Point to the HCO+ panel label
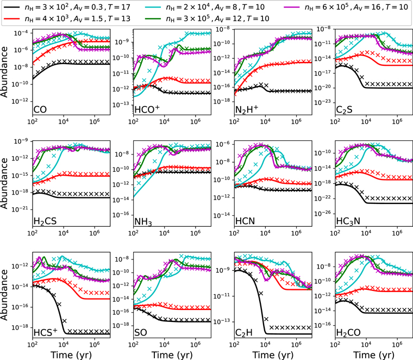coord(147,109)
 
